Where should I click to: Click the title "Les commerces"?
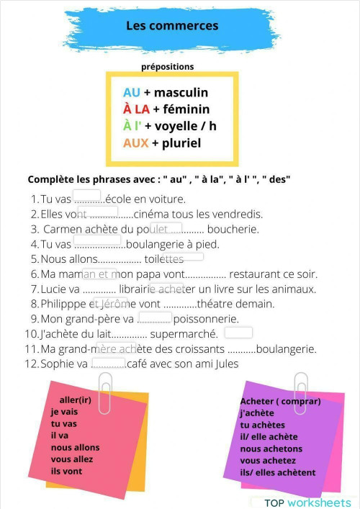pyautogui.click(x=172, y=26)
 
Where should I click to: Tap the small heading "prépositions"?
pyautogui.click(x=168, y=66)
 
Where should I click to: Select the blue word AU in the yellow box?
pyautogui.click(x=132, y=92)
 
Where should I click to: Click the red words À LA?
pyautogui.click(x=136, y=109)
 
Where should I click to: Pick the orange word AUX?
pyautogui.click(x=135, y=143)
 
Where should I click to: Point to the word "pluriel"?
pyautogui.click(x=181, y=143)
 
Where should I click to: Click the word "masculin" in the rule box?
pyautogui.click(x=181, y=92)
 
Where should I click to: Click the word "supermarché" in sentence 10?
pyautogui.click(x=184, y=334)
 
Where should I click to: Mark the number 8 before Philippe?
pyautogui.click(x=34, y=305)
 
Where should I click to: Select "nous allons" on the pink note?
pyautogui.click(x=75, y=447)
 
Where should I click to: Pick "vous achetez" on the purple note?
pyautogui.click(x=268, y=460)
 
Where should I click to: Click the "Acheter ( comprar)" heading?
pyautogui.click(x=280, y=401)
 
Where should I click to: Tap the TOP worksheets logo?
pyautogui.click(x=307, y=502)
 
